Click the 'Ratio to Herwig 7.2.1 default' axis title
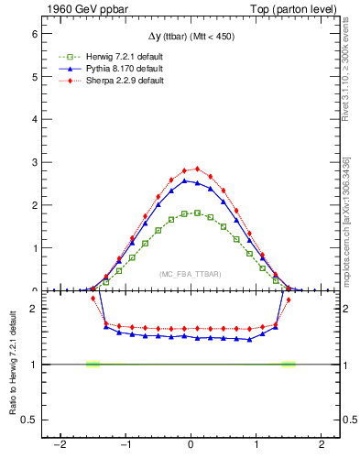click(10, 365)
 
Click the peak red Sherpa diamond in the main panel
click(197, 169)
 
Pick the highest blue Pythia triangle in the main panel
click(184, 180)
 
